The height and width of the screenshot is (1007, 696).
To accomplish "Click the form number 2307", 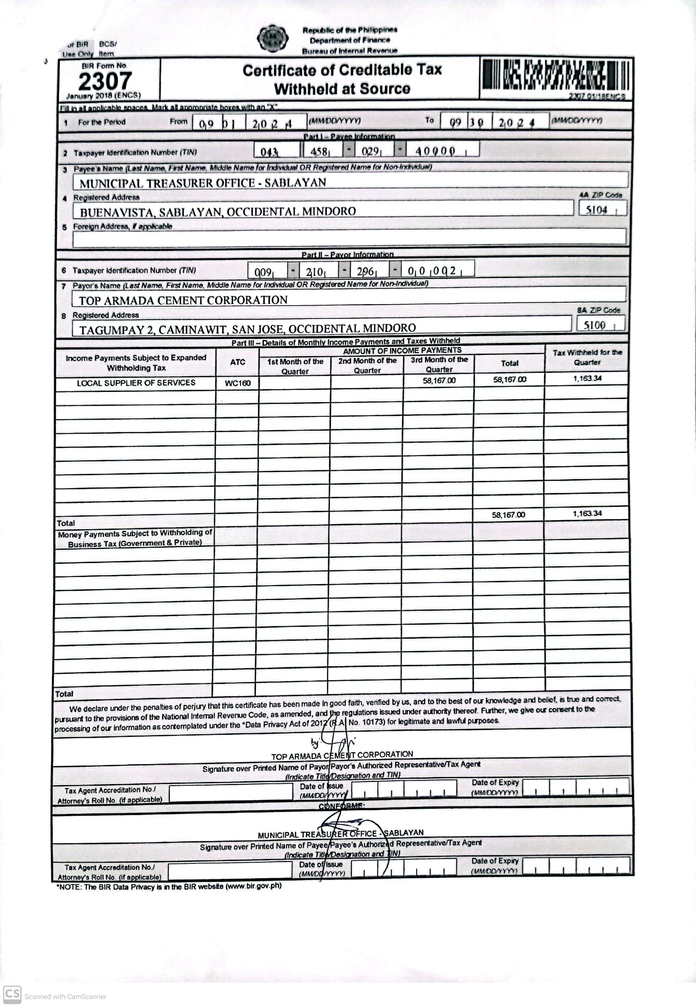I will [105, 81].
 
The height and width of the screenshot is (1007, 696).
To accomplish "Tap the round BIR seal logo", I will [273, 38].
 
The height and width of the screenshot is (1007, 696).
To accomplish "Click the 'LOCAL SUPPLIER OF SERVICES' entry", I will [136, 383].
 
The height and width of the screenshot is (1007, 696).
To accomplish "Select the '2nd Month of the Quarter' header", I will [367, 365].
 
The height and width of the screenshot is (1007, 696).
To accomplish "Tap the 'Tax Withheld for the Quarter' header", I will [587, 357].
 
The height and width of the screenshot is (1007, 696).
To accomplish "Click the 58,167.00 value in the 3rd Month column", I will [439, 380].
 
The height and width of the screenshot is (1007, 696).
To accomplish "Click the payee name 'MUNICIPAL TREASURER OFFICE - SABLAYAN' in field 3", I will [203, 183].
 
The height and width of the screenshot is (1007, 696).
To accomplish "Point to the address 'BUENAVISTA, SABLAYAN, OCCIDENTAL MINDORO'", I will [218, 212].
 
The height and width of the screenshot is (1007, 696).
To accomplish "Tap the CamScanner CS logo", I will [12, 994].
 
